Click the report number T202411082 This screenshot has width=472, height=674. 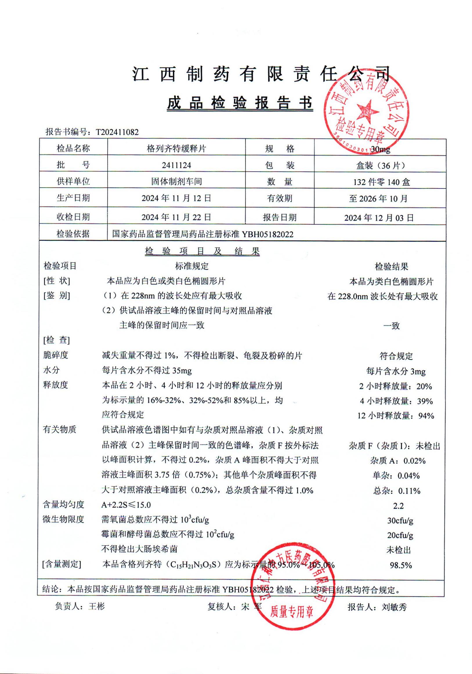(x=117, y=132)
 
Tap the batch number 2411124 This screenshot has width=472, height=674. (x=176, y=165)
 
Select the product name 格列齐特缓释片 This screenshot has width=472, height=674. (x=176, y=148)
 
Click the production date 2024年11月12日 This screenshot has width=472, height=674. (x=176, y=198)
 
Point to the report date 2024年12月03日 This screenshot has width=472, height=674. (x=379, y=218)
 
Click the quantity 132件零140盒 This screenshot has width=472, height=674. (x=381, y=182)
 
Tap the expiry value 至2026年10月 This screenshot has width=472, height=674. (x=378, y=199)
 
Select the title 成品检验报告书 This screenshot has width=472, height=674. (x=240, y=103)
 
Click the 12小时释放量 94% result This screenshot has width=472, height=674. (x=396, y=416)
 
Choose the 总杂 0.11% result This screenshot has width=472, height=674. (x=397, y=490)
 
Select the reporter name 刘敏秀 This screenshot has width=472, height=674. (x=394, y=607)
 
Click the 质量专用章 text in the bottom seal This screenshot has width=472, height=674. (x=292, y=611)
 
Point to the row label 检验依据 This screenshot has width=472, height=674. (x=73, y=234)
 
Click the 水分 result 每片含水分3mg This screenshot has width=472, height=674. (x=396, y=371)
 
